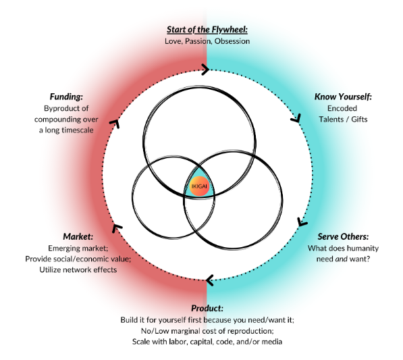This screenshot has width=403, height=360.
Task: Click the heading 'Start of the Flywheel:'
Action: [x=207, y=30]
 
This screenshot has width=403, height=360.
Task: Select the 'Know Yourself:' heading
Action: [x=343, y=97]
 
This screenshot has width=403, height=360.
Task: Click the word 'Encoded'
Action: [x=342, y=108]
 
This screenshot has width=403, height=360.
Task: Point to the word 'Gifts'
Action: [x=359, y=120]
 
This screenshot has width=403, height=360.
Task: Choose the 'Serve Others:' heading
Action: [x=343, y=236]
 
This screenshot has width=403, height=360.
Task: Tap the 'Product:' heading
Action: [x=207, y=308]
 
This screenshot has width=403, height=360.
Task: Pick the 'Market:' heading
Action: [x=78, y=236]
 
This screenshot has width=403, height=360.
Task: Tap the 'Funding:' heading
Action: [x=66, y=97]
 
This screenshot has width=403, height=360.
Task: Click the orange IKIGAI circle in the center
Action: [x=199, y=186]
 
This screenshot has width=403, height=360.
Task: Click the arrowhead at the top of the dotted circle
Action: [x=205, y=69]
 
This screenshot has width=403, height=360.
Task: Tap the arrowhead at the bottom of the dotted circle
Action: [x=210, y=280]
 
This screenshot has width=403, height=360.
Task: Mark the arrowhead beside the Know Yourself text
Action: [x=296, y=119]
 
